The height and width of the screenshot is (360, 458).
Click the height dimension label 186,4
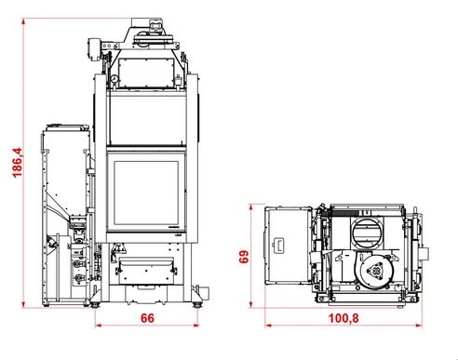point(18,163)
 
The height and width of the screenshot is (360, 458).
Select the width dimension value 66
point(147,318)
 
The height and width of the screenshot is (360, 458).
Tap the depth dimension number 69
point(244,257)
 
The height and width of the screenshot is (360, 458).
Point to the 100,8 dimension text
point(343,318)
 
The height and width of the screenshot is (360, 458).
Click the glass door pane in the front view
point(146,193)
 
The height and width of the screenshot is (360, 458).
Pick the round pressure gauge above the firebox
point(114,78)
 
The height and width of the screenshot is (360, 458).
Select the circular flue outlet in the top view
point(367,233)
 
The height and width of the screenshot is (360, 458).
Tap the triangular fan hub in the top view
point(375,271)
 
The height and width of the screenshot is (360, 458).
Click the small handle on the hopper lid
point(278,245)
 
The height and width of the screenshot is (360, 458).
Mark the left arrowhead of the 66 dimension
point(98,326)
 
